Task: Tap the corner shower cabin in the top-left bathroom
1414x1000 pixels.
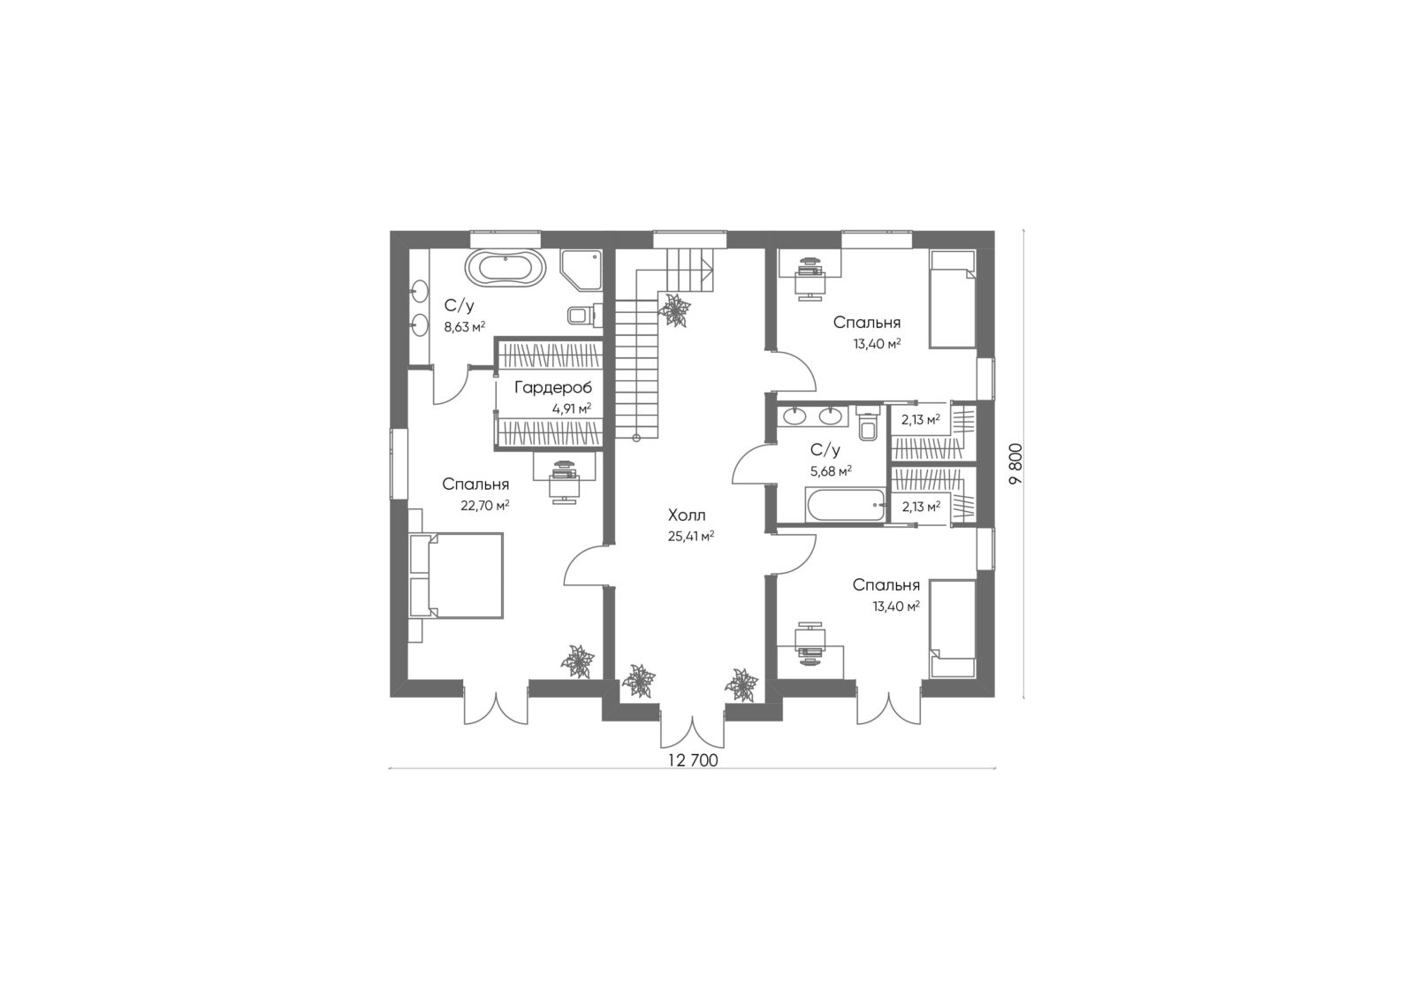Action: [x=580, y=270]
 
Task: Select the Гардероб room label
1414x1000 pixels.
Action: [x=553, y=387]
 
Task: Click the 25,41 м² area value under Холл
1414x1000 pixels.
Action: [x=690, y=537]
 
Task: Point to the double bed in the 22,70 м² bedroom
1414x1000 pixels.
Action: [x=456, y=575]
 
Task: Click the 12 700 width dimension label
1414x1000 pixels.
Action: [x=693, y=760]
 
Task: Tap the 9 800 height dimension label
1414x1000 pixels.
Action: [x=1015, y=463]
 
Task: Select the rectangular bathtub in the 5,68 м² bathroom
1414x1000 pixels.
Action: [x=845, y=505]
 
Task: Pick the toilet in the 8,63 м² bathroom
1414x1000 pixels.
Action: [x=582, y=315]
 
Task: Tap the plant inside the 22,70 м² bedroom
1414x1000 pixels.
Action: [x=578, y=661]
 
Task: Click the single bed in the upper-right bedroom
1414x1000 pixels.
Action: [x=953, y=298]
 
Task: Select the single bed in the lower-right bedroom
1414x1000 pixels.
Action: [x=953, y=630]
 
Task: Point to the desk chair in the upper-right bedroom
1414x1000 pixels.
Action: [x=809, y=286]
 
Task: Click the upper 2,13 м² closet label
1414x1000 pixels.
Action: [x=921, y=419]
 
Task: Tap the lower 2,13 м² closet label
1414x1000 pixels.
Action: [x=921, y=506]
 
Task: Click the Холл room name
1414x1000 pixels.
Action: [x=687, y=515]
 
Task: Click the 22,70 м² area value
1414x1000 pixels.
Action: [x=485, y=506]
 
